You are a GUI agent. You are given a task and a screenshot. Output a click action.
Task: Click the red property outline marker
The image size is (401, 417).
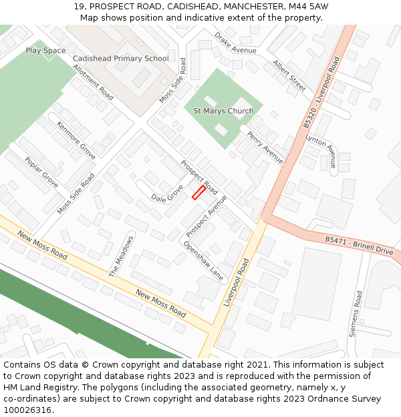(x=198, y=193)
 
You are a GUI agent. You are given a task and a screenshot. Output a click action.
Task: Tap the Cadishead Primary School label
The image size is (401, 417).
(x=120, y=59)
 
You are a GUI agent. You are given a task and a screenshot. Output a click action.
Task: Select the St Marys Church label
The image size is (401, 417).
(x=223, y=111)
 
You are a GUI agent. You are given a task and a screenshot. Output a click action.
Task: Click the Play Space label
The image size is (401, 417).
(x=45, y=51)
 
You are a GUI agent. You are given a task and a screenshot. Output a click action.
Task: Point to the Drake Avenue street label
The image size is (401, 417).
(x=235, y=43)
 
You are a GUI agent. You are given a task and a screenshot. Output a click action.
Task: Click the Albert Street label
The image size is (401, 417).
(x=289, y=75)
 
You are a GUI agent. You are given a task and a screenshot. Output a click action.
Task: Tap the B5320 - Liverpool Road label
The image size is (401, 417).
(x=322, y=92)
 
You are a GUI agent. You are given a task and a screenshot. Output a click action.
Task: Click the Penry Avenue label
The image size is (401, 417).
(x=265, y=147)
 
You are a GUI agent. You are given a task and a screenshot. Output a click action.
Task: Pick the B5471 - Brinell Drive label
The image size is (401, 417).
(x=359, y=245)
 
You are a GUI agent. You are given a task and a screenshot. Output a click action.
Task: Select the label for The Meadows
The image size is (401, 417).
(x=122, y=256)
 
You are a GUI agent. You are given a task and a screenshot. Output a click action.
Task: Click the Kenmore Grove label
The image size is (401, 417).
(x=76, y=140)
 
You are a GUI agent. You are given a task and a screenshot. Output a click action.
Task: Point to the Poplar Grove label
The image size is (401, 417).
(x=41, y=172)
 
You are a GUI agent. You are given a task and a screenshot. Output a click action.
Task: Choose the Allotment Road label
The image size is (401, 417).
(x=93, y=82)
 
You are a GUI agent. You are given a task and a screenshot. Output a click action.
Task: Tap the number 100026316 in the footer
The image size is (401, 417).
(x=27, y=410)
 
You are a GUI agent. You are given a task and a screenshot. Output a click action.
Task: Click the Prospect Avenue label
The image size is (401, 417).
(x=207, y=216)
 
